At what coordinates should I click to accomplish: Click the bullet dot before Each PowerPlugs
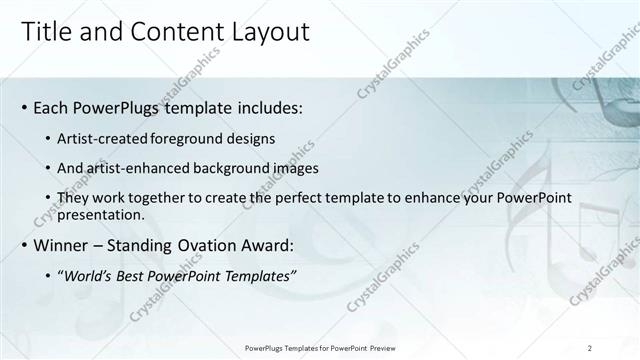tap(24, 106)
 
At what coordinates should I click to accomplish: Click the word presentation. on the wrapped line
tap(102, 213)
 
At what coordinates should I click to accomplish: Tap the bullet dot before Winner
tap(24, 244)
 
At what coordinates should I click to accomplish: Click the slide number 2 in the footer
tap(590, 348)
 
